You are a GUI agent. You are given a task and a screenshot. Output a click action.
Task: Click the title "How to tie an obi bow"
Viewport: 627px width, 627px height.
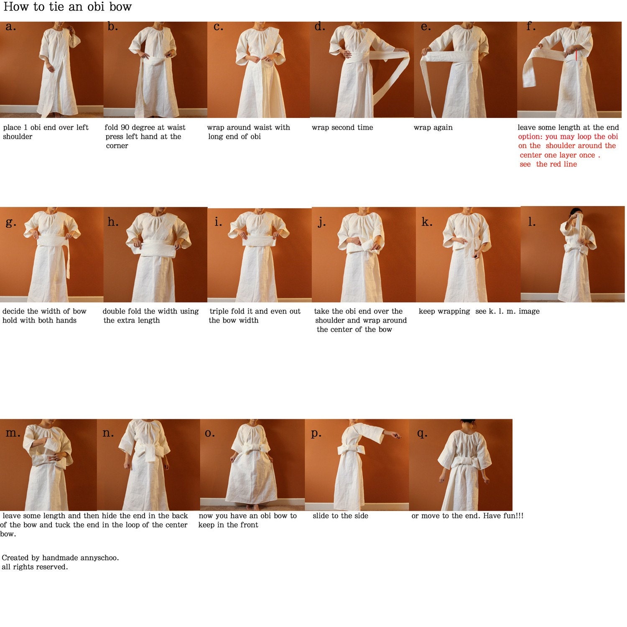(x=68, y=7)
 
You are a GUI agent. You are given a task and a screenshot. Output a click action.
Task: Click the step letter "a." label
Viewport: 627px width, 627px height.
(x=11, y=27)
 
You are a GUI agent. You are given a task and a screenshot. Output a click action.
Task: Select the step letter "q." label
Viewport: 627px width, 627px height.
(x=422, y=433)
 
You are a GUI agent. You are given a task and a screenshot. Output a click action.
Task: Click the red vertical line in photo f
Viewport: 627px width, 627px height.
(x=576, y=56)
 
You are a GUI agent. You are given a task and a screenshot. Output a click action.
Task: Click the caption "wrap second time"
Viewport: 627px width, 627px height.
(x=342, y=127)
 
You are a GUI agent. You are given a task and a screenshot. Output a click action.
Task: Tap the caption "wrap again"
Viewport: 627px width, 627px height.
(x=433, y=127)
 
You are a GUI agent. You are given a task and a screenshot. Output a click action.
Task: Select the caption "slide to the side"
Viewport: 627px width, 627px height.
(x=340, y=516)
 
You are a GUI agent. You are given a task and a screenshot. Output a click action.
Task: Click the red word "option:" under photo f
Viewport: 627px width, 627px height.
(x=531, y=137)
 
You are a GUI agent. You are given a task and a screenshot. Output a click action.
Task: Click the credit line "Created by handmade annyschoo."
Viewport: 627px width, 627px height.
(x=60, y=558)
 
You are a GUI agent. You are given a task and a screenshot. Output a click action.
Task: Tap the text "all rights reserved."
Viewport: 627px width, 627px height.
(x=35, y=567)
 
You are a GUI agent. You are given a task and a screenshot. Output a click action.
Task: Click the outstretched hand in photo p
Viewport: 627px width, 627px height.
(x=396, y=435)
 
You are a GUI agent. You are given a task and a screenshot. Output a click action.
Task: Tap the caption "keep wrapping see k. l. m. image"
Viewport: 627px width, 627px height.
(x=479, y=311)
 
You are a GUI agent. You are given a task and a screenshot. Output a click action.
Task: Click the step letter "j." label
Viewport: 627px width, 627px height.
(x=321, y=222)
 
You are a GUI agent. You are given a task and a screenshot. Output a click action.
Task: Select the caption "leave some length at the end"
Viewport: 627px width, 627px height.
(x=568, y=127)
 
